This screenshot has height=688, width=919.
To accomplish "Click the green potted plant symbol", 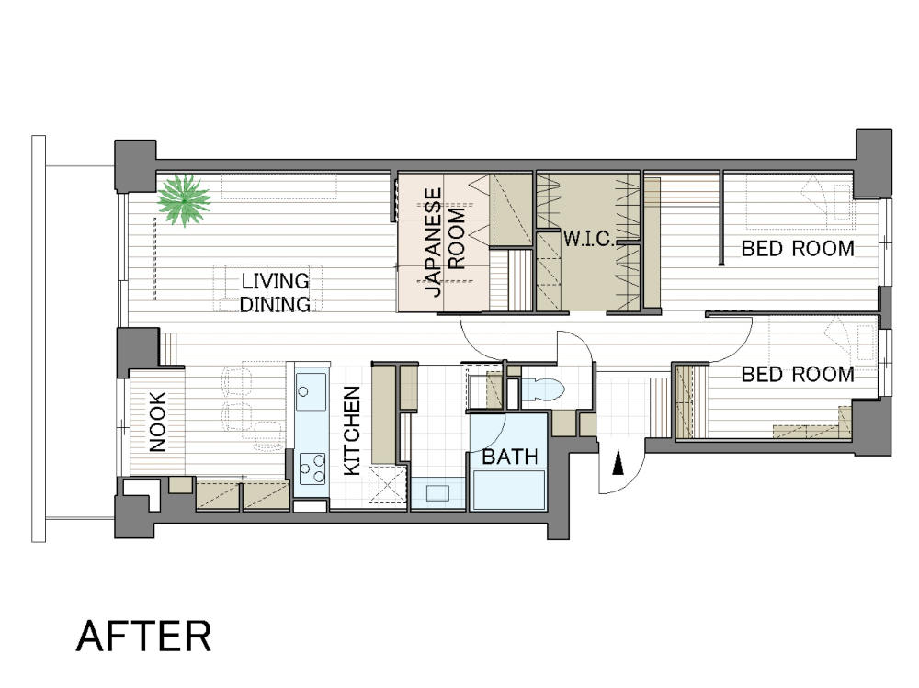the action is [x=184, y=200].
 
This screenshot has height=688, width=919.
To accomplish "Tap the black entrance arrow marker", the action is [x=618, y=466].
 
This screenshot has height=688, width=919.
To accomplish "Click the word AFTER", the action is [x=143, y=636].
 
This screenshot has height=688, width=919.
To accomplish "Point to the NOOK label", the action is [x=157, y=422].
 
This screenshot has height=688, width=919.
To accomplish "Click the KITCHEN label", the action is [x=352, y=430].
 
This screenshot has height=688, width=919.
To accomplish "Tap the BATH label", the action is [x=509, y=457].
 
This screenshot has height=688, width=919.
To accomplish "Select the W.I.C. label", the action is [x=588, y=239].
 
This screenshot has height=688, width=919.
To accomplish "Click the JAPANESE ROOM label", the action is [x=445, y=242].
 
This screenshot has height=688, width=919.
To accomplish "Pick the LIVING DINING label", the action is [x=275, y=292].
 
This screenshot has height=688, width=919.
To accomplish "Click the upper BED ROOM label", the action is [x=798, y=249].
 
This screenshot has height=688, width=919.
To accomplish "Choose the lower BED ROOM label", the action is [x=798, y=374].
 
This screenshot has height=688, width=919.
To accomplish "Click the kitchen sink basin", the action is [x=311, y=391].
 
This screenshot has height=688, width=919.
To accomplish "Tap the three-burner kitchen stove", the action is [x=312, y=468].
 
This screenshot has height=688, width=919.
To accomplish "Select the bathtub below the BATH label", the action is [x=509, y=490].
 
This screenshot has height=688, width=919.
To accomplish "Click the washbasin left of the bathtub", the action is [x=437, y=493].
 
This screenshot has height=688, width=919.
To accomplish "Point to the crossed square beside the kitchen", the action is [x=387, y=486].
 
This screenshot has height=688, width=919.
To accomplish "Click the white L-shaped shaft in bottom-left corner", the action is [x=141, y=490].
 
